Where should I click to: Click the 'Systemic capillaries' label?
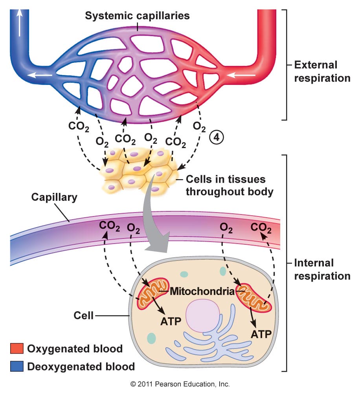point(137,16)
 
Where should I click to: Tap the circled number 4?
point(217,137)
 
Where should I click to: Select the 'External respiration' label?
point(322,71)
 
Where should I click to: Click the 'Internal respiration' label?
point(322,269)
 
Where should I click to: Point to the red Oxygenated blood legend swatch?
point(17,348)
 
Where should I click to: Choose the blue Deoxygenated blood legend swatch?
point(17,366)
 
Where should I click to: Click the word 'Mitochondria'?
point(202,291)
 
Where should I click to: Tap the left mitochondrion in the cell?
point(153,293)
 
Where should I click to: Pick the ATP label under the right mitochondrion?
point(261,334)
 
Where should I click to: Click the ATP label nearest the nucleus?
point(171,321)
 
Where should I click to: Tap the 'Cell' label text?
point(83,315)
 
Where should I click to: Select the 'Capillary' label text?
point(54,197)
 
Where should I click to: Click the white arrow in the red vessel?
point(241,75)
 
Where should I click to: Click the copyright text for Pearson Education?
point(180,384)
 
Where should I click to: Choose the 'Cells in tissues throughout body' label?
point(230,185)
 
